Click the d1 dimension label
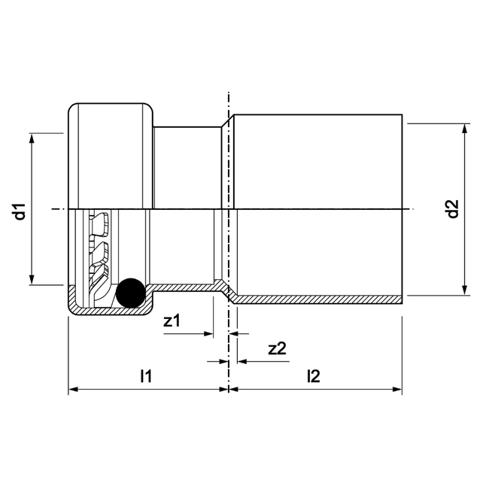tap(22, 210)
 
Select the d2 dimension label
tap(452, 209)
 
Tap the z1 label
tap(172, 321)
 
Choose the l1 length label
tap(147, 376)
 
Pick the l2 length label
tap(313, 376)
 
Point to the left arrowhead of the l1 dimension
tap(74, 390)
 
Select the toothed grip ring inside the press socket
tap(99, 256)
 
